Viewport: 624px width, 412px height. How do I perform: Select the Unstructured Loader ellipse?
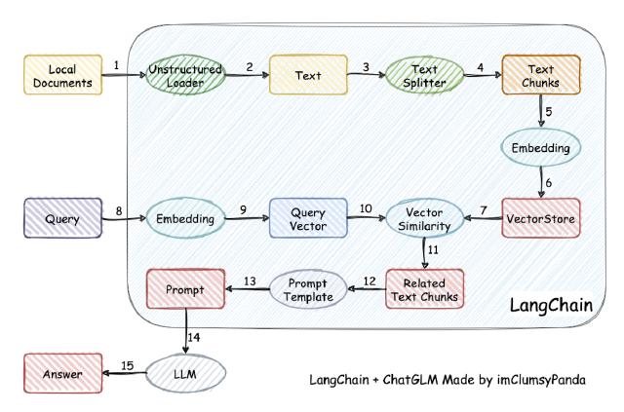click(184, 74)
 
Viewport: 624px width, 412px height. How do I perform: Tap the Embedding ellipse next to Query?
click(184, 218)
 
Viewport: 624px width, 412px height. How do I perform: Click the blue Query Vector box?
click(302, 218)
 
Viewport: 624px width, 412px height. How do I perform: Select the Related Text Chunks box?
click(425, 287)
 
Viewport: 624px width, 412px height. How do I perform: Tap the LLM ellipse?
click(185, 373)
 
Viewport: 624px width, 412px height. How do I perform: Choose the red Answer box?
click(60, 373)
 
